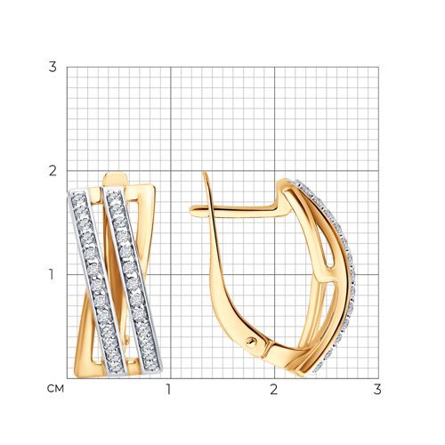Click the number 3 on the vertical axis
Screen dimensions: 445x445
tap(53, 67)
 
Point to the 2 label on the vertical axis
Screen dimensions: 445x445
tap(53, 171)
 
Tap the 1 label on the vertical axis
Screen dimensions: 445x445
tap(52, 274)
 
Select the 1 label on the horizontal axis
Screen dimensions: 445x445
tap(168, 390)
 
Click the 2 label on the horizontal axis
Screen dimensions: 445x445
tap(273, 390)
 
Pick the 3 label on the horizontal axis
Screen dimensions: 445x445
tap(377, 390)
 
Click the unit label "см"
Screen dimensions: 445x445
tap(55, 389)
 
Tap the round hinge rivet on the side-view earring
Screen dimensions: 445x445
tap(251, 342)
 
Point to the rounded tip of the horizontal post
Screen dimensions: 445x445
tap(192, 210)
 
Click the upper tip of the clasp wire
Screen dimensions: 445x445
tap(205, 173)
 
